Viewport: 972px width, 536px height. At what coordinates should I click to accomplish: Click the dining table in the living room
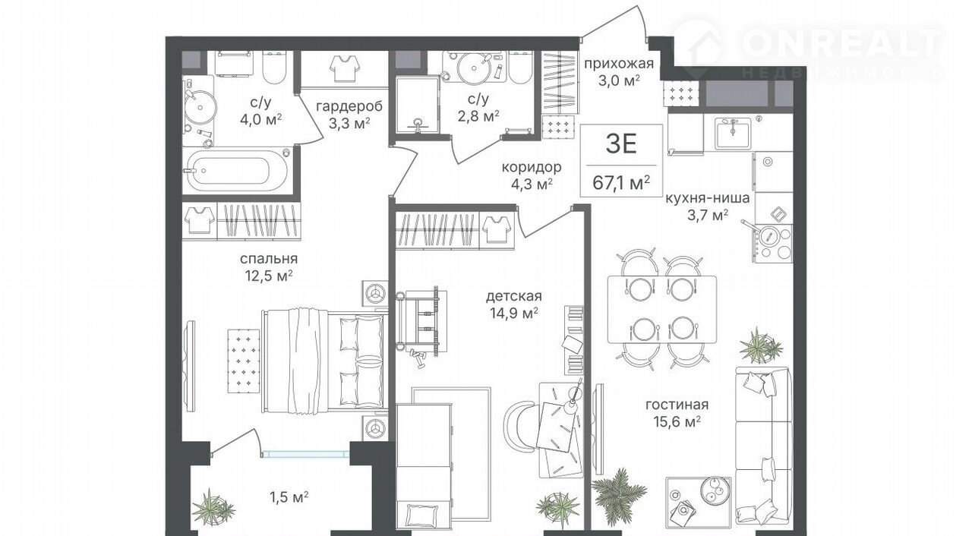tap(661, 310)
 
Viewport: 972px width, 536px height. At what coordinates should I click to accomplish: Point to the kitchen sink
tap(733, 134)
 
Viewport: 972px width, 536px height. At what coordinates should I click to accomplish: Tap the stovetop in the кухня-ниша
tap(774, 244)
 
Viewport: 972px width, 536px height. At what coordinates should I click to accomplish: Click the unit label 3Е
tap(621, 144)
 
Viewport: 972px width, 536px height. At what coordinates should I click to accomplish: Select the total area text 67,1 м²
tap(621, 182)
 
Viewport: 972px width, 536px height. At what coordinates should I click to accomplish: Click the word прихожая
tap(618, 64)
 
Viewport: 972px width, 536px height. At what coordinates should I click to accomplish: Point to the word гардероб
tap(349, 106)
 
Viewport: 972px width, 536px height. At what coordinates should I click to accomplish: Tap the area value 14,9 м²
tap(514, 313)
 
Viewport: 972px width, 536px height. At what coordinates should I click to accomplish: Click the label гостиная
tap(677, 405)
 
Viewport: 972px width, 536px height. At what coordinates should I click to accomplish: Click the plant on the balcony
tap(213, 506)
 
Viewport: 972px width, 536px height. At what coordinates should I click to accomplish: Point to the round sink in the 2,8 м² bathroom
tap(474, 68)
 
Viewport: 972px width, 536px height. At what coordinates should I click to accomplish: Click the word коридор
tap(532, 167)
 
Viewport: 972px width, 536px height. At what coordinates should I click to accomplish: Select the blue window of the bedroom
tap(305, 454)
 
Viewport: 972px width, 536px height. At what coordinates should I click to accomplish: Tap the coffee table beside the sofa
tap(699, 502)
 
